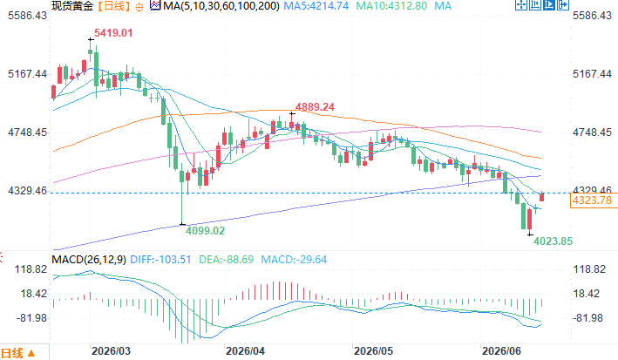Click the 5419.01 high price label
pos(113,33)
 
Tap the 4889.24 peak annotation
pos(315,107)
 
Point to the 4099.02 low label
pos(205,231)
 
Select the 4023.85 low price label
pos(553,241)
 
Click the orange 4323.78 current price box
pos(592,200)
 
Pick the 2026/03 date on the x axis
pos(111,351)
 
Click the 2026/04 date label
pos(245,351)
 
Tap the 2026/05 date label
pos(373,351)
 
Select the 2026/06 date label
pos(502,351)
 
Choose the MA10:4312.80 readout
pos(391,6)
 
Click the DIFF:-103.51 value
pos(160,260)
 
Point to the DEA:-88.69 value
pos(227,260)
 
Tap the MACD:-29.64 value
pos(294,260)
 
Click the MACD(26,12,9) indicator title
pos(89,260)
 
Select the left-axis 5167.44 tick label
pos(27,74)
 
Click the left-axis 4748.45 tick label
pos(27,132)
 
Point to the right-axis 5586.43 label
pos(592,16)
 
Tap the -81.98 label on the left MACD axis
pos(31,318)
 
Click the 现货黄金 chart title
pos(72,6)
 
